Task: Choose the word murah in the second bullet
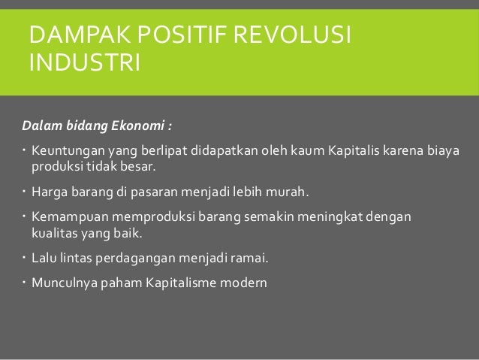tap(285, 191)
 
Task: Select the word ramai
tap(249, 259)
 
